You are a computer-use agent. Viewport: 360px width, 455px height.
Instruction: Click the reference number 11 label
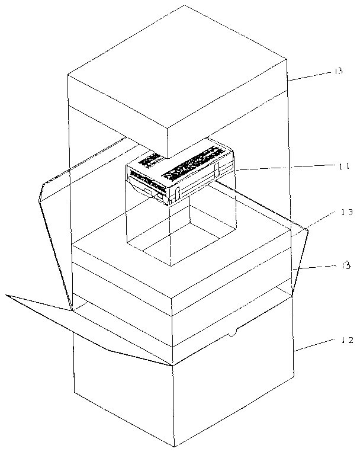coord(342,166)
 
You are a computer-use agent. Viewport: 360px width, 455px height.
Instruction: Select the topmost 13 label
coord(337,71)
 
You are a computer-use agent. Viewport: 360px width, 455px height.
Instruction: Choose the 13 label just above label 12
coord(345,265)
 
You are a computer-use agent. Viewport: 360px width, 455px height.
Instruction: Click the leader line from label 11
coord(284,168)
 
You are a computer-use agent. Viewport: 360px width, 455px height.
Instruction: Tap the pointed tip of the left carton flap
coord(7,295)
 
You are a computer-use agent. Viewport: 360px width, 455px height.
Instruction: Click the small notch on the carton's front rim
coord(232,334)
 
